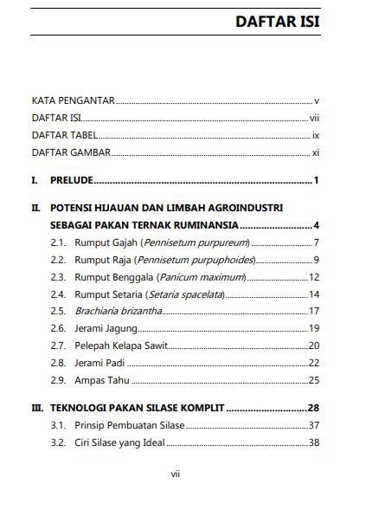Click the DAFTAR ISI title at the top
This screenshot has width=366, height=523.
[x=278, y=22]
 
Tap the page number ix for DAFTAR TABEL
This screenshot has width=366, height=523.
[x=317, y=136]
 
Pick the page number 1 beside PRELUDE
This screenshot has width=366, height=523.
[x=318, y=181]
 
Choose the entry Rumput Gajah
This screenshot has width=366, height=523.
[x=106, y=242]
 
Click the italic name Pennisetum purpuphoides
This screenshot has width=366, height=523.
[x=196, y=259]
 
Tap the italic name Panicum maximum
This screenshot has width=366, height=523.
[x=202, y=276]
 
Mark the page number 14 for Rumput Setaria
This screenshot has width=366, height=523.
[x=315, y=294]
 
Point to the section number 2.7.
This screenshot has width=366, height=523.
[x=58, y=345]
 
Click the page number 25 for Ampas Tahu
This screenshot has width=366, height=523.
[x=315, y=379]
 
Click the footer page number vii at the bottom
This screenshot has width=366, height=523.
[x=175, y=475]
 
